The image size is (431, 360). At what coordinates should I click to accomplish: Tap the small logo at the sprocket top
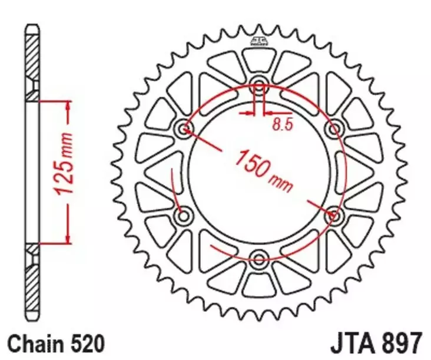(x=257, y=41)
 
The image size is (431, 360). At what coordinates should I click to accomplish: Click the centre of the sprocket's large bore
(x=259, y=170)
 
